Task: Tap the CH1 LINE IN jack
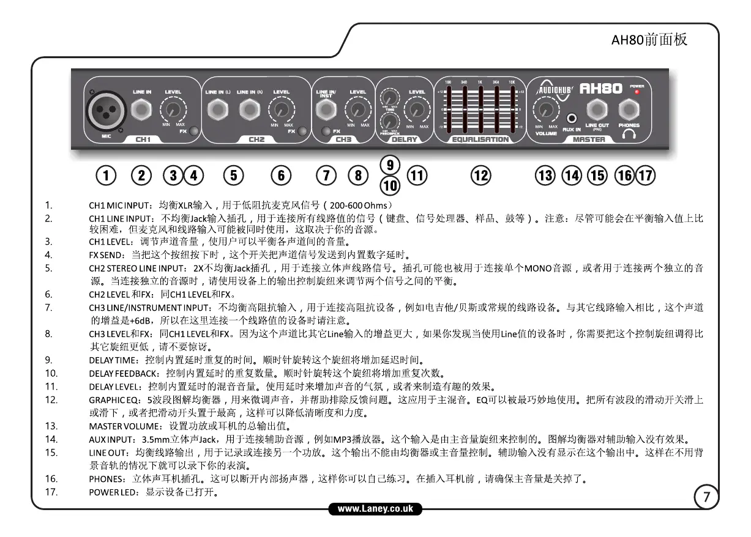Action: [x=142, y=110]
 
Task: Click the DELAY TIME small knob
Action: [x=389, y=97]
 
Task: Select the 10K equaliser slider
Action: [x=511, y=110]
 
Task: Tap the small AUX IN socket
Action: [x=572, y=117]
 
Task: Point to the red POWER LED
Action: [x=637, y=92]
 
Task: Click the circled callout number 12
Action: [x=480, y=176]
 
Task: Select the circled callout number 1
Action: [x=106, y=176]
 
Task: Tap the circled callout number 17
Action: [x=646, y=176]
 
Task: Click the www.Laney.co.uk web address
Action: [x=376, y=508]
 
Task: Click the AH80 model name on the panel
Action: [x=601, y=89]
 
